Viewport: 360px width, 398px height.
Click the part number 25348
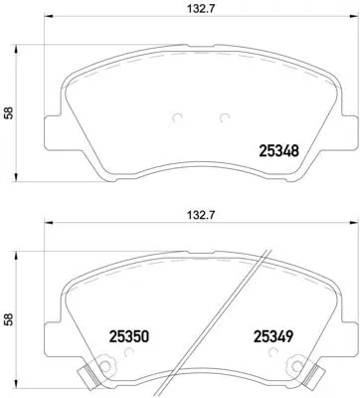280,152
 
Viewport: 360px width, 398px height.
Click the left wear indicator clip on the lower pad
88,377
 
